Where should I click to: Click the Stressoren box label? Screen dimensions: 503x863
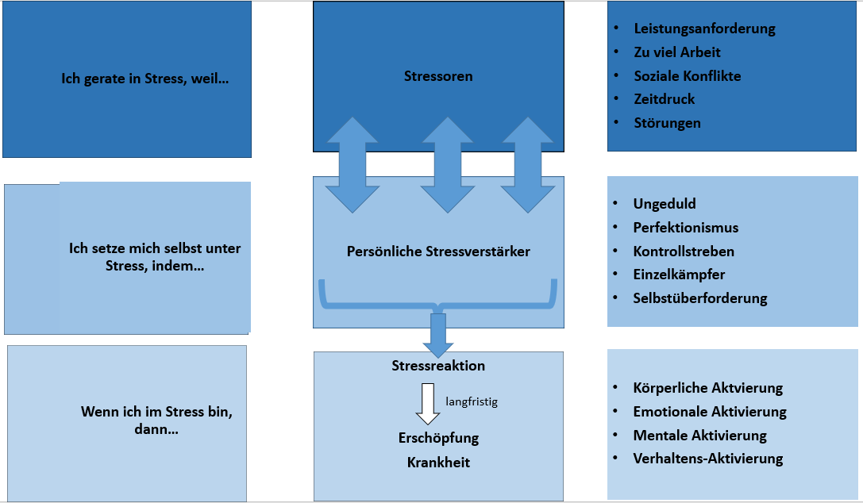pyautogui.click(x=437, y=77)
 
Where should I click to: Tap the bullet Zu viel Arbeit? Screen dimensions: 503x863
pyautogui.click(x=677, y=52)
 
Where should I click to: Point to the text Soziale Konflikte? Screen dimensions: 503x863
pyautogui.click(x=687, y=76)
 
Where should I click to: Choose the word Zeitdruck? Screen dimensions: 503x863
pyautogui.click(x=664, y=99)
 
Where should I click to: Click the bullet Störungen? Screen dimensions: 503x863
pyautogui.click(x=667, y=123)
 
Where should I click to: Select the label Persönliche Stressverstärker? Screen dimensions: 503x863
pyautogui.click(x=438, y=251)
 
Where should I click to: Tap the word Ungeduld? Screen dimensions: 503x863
pyautogui.click(x=665, y=204)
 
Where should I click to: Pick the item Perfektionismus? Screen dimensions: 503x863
pyautogui.click(x=685, y=228)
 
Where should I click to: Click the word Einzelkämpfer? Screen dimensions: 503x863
pyautogui.click(x=679, y=275)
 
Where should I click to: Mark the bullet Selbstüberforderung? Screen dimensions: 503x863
pyautogui.click(x=699, y=298)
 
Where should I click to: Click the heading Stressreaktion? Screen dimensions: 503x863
pyautogui.click(x=438, y=366)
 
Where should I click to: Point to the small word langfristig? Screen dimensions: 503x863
pyautogui.click(x=472, y=402)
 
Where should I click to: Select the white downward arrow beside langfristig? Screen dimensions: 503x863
pyautogui.click(x=428, y=404)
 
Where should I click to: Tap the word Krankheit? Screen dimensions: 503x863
pyautogui.click(x=438, y=462)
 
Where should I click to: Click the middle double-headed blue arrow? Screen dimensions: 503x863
pyautogui.click(x=448, y=165)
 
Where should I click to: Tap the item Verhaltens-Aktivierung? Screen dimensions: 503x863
pyautogui.click(x=707, y=459)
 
